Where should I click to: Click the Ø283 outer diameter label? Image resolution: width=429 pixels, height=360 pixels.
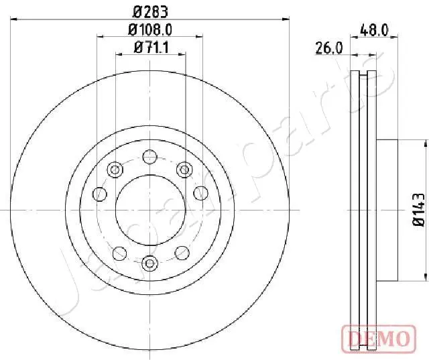point(150,12)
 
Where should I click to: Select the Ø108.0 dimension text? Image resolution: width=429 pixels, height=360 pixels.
point(150,29)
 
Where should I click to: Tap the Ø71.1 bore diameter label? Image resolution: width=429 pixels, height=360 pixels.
point(151,48)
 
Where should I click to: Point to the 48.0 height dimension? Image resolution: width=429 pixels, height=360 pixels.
point(374,30)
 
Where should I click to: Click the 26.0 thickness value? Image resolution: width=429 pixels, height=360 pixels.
point(329,48)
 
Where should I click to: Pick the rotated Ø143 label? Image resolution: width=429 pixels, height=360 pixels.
point(418,210)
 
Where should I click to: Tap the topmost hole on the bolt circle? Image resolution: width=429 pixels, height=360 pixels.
point(150,157)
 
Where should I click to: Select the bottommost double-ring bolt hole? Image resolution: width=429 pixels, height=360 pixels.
point(150,263)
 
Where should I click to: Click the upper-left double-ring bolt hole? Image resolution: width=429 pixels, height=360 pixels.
point(115,170)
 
